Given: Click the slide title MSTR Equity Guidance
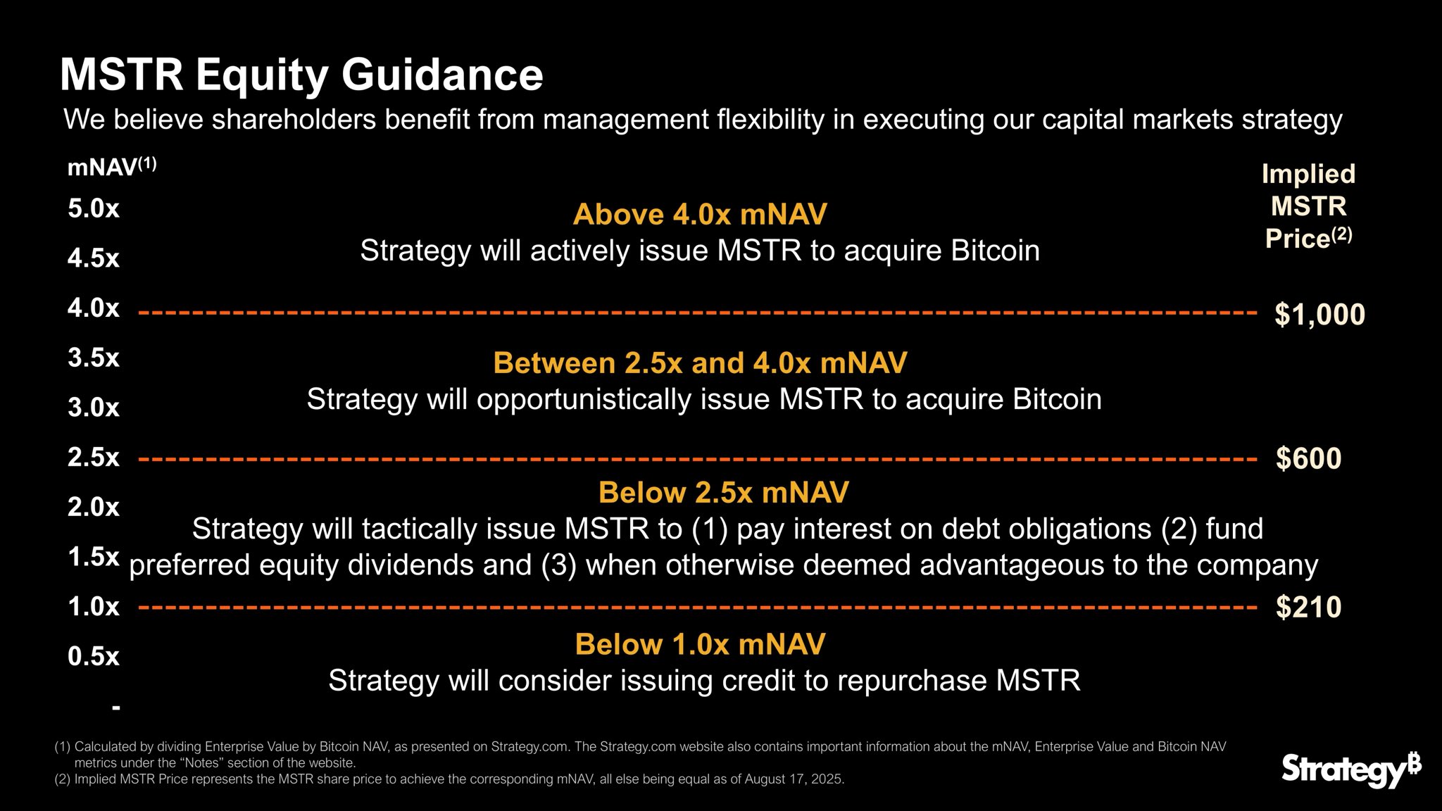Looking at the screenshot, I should coord(301,75).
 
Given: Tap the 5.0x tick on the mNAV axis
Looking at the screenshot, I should coord(94,208).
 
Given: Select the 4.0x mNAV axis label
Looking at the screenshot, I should coord(94,308).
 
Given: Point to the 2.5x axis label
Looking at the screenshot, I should coord(94,458).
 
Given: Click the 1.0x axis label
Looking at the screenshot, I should coord(94,607).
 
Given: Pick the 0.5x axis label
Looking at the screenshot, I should coord(94,657).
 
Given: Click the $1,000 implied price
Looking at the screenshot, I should coord(1319,314).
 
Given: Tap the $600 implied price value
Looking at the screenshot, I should coord(1308,458).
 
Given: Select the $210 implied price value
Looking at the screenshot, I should coord(1308,607).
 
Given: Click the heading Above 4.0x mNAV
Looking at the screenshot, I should coord(700,214).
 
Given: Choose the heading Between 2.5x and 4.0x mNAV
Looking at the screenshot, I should coord(700,363).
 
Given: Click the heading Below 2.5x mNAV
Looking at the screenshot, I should coord(723,493).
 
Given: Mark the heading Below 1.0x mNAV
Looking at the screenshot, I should coord(700,644).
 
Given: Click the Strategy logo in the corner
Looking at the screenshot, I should coord(1350,769).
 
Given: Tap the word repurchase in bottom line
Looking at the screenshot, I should coord(912,681).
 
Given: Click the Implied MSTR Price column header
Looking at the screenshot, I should coord(1308,206).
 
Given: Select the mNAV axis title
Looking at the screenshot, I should coord(111,167).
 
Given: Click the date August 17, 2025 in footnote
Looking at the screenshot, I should coord(796,779).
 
